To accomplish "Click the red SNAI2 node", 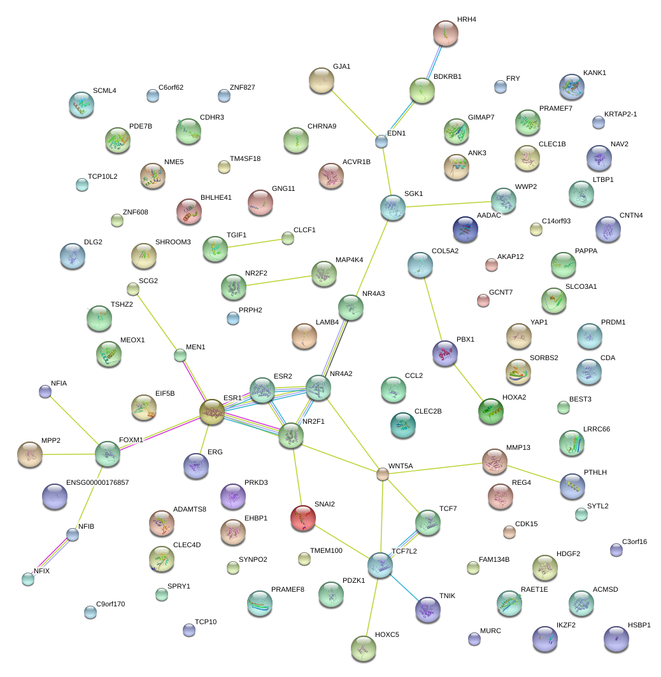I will coord(302,517).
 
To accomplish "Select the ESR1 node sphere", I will coord(212,412).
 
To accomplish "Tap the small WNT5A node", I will coord(382,474).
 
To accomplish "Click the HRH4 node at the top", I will coord(446,33).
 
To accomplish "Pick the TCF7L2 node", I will coord(380,564).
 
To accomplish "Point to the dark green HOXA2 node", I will coord(490,410).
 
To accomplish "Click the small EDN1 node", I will coord(381,141).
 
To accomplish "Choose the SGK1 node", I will coord(392,207).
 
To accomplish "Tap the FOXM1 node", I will coord(108,453).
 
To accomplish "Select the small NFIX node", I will coord(28,578).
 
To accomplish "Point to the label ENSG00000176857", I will coord(97,482).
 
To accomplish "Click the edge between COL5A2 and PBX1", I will coord(432,303).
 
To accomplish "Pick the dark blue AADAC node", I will coord(465,229).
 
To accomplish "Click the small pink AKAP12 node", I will coord(491,265).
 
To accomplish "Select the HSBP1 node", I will coord(616,639).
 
